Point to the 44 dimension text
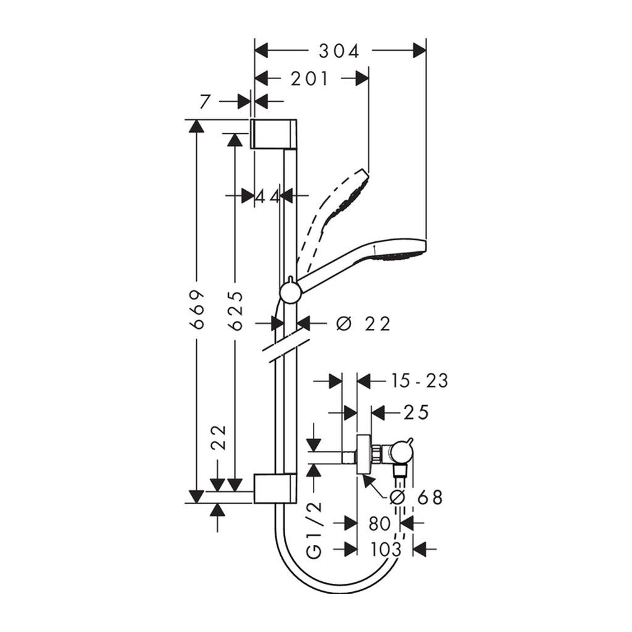tap(268, 196)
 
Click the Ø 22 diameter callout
tap(365, 324)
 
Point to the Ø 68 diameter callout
tap(417, 497)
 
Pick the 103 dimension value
tap(386, 549)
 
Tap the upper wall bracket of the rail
tap(274, 133)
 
